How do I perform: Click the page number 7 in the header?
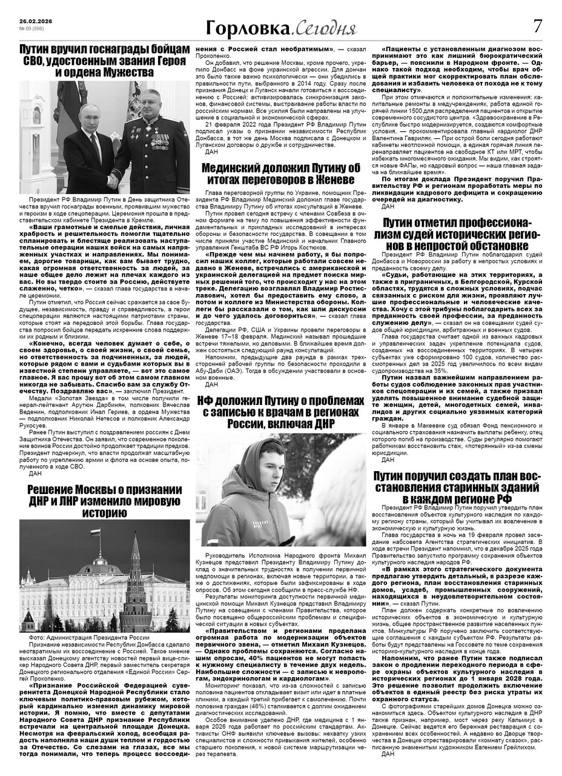[538, 27]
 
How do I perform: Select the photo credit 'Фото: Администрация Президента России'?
[88, 638]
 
